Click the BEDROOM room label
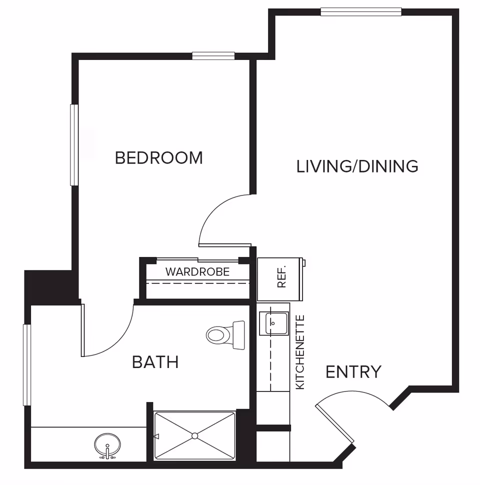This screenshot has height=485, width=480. click(158, 157)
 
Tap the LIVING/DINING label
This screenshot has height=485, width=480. click(357, 166)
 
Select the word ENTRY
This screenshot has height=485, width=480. click(353, 372)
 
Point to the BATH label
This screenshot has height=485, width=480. click(155, 361)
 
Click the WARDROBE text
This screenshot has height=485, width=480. click(197, 272)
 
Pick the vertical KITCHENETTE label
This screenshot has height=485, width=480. click(300, 352)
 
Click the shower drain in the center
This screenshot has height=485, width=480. click(194, 435)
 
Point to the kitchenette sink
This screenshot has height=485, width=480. click(273, 323)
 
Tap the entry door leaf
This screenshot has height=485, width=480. click(334, 424)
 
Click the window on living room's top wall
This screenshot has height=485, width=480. click(360, 12)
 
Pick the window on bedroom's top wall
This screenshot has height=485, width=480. click(213, 56)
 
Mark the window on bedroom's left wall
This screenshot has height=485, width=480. click(74, 145)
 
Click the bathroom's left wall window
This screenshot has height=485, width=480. click(27, 365)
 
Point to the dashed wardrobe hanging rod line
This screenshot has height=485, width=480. click(197, 283)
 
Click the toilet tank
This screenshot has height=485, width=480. click(239, 335)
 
